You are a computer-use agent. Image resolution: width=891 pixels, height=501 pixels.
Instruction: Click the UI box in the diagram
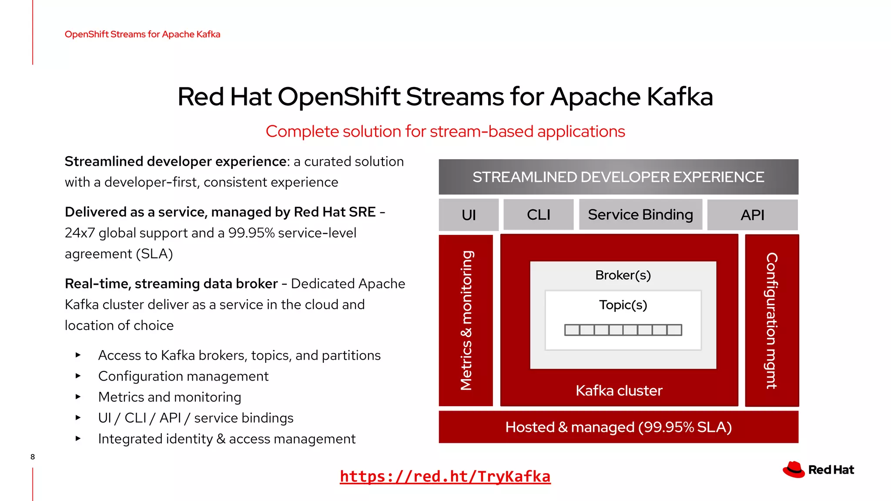[469, 215]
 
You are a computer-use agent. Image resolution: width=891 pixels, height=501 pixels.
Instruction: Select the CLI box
[538, 215]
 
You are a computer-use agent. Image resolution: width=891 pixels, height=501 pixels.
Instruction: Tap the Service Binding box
[640, 215]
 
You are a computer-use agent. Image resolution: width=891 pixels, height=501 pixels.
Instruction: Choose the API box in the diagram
[752, 215]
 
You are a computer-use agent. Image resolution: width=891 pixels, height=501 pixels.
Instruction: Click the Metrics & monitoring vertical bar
[466, 321]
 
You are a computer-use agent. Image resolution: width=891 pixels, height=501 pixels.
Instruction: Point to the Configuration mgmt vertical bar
[772, 321]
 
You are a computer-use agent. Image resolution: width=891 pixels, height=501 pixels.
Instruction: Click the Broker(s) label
[623, 275]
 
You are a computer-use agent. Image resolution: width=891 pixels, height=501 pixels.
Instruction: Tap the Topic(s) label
[623, 305]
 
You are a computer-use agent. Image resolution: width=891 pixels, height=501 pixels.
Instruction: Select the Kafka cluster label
[619, 391]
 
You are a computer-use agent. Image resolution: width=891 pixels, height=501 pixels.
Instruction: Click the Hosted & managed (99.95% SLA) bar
[618, 427]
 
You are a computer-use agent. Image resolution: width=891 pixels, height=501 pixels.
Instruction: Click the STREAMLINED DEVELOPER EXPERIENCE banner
[618, 177]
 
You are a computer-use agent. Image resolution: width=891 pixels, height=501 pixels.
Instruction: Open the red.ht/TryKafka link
[445, 477]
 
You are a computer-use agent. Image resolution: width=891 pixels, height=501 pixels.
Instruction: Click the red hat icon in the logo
[794, 470]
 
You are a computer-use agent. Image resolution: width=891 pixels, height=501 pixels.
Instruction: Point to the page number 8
[33, 457]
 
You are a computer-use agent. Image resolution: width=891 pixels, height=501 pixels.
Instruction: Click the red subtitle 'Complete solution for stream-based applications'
[445, 131]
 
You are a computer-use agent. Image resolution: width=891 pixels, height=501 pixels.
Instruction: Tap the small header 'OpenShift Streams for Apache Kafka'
[142, 34]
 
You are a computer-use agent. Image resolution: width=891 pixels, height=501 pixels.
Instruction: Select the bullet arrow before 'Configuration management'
[78, 376]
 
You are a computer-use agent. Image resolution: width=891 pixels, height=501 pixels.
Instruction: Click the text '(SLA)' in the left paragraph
[154, 254]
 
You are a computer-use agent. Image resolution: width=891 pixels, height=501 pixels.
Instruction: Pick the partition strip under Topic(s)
[623, 330]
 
